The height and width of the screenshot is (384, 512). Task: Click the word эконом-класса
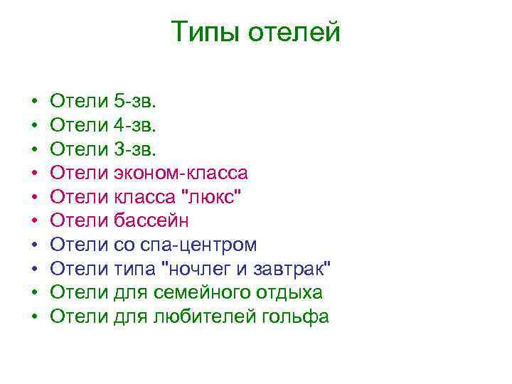[x=181, y=174]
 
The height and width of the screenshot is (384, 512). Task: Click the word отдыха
[x=295, y=292]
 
